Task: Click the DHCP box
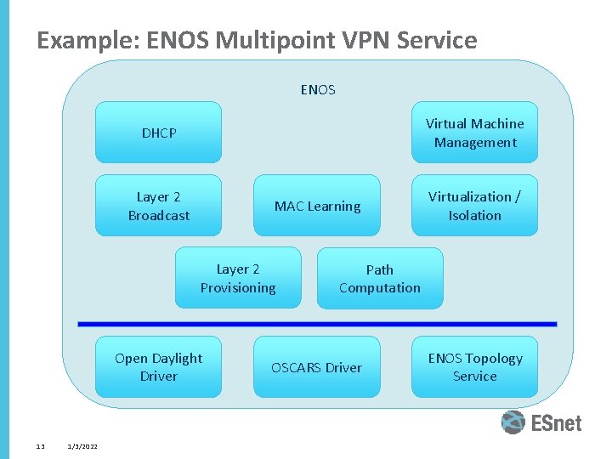pos(158,133)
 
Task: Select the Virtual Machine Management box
pos(474,133)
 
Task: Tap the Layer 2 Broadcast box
pos(158,206)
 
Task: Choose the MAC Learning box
pos(317,206)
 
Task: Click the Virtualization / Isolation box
pos(474,206)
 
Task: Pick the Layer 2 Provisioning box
pos(238,278)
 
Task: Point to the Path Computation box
pos(380,278)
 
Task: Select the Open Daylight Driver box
pos(158,367)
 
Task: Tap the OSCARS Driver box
pos(316,367)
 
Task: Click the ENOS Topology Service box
pos(474,367)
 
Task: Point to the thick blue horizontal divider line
pos(317,324)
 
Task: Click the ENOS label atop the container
pos(318,89)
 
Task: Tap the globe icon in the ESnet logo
pos(513,422)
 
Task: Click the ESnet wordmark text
pos(556,422)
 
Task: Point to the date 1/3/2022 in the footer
pos(82,446)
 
